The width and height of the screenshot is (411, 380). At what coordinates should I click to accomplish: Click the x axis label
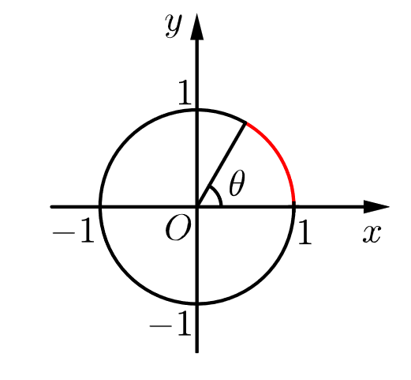pos(372,234)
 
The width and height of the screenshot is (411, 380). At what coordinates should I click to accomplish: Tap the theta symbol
pos(236,185)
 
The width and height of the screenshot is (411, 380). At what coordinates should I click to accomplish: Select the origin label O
pos(177,229)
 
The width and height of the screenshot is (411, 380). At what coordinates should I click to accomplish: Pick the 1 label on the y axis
pos(183,95)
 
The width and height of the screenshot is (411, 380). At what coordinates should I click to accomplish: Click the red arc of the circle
pos(280,157)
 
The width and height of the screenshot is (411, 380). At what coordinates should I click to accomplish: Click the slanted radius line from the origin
pos(222,164)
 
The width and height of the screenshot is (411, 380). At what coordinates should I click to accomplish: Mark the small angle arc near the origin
pos(218,197)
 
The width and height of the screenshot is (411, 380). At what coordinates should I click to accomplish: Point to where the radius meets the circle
pos(247,123)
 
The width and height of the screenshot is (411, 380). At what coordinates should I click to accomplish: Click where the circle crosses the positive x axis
pos(293,206)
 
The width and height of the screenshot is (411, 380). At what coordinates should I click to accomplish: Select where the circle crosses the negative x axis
pos(100,206)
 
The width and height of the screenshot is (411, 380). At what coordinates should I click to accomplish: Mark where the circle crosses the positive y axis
pos(196,110)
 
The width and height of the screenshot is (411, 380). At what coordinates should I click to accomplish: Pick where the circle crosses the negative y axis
pos(196,303)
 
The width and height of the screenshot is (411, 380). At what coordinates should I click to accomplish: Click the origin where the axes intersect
pos(196,206)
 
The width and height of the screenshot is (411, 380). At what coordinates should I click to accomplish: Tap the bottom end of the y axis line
pos(196,351)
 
